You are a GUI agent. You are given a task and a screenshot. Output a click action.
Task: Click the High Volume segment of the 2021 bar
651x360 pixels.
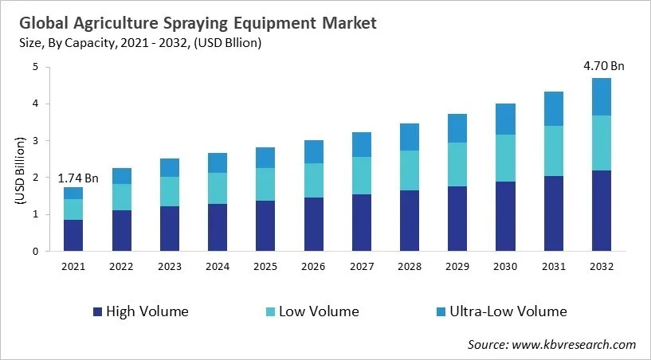73,235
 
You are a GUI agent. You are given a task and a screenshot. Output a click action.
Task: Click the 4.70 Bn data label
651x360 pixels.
602,66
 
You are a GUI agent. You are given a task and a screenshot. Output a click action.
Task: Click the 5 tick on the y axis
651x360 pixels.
35,67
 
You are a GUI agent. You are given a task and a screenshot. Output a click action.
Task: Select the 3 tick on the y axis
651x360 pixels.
35,141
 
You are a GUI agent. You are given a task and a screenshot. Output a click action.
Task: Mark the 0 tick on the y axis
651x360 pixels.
35,251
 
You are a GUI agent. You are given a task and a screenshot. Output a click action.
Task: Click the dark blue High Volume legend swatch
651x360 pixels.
98,311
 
